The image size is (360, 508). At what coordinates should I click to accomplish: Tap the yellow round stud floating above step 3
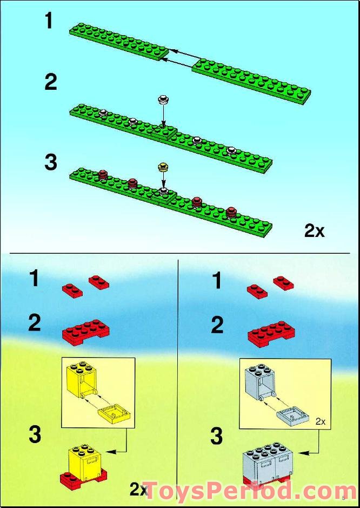[x=163, y=167]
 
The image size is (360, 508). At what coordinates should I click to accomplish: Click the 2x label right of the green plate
[x=314, y=232]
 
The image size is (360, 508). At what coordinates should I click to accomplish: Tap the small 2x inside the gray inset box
[x=320, y=421]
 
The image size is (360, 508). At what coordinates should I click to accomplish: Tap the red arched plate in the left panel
[x=86, y=332]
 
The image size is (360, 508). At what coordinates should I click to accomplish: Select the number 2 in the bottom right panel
[x=217, y=326]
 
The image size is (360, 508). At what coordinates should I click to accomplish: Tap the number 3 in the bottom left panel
[x=35, y=435]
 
